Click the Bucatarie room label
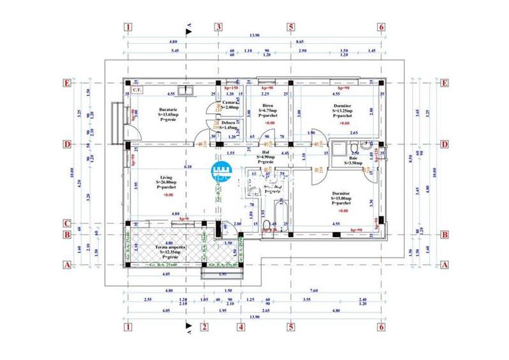[x=168, y=110]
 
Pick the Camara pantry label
[x=230, y=102]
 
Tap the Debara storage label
[x=228, y=121]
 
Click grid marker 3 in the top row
[x=217, y=27]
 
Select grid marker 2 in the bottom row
[x=204, y=327]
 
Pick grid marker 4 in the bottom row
[x=241, y=327]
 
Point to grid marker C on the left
[x=67, y=224]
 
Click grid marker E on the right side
[x=443, y=82]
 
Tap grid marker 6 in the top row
[x=381, y=27]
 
